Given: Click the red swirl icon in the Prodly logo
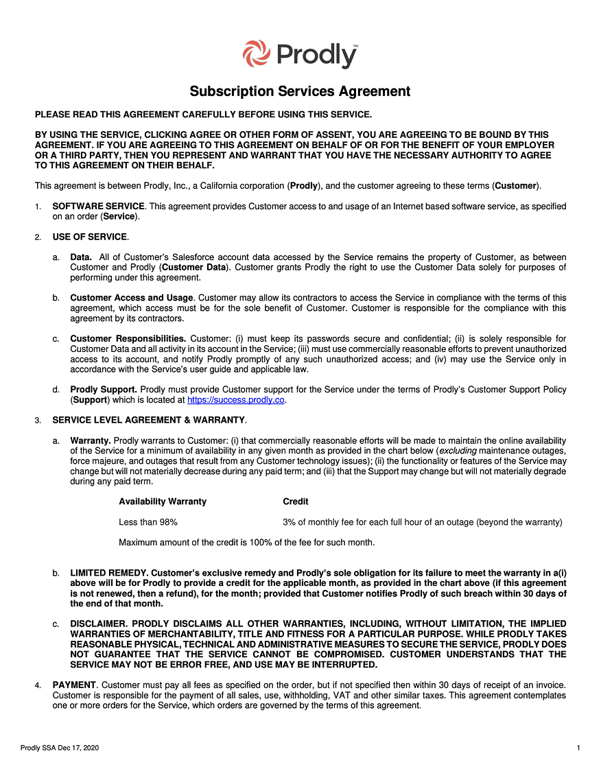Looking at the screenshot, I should (257, 54).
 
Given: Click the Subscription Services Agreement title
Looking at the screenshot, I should (300, 91).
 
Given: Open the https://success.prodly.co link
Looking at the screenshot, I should (235, 400).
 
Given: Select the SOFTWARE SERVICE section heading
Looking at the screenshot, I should (98, 207).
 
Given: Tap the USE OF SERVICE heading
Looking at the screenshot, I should (90, 237).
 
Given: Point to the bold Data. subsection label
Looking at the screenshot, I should (81, 257).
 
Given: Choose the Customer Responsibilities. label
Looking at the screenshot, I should (128, 339).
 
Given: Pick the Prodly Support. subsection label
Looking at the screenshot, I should (104, 390).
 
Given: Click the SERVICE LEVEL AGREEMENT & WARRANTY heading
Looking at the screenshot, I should (148, 420).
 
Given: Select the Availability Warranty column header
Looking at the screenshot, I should (163, 502).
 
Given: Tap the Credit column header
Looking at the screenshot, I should (296, 502).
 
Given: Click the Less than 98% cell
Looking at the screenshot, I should (148, 522).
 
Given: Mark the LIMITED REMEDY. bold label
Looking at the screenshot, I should (109, 573).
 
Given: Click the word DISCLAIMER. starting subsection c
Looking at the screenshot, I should (99, 624).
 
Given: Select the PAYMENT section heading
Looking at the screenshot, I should (75, 685).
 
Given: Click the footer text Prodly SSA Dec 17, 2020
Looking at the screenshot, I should (60, 748).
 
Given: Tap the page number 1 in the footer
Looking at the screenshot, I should (579, 748).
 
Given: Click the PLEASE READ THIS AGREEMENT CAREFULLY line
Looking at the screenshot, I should (203, 115).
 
